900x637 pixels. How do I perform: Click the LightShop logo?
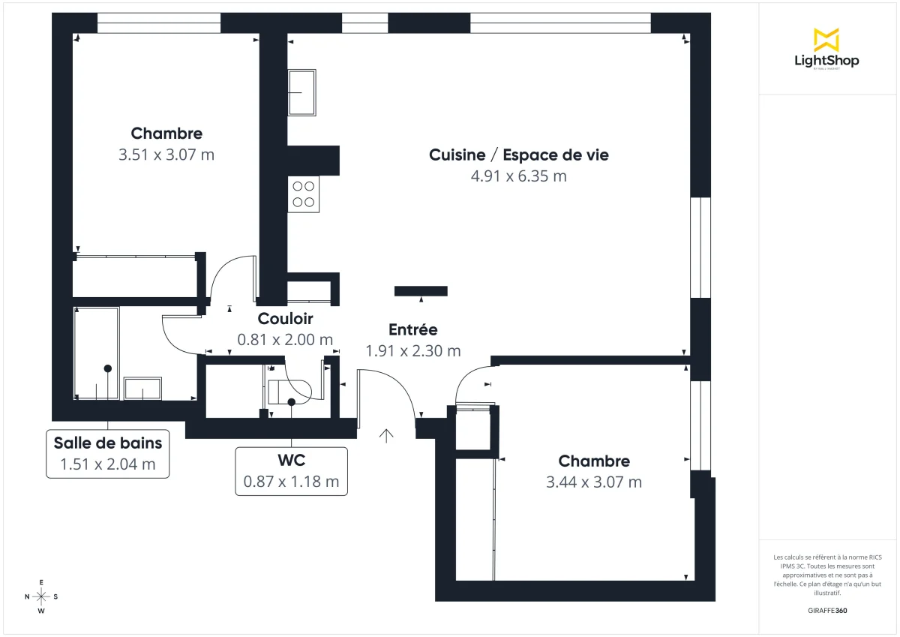[826, 49]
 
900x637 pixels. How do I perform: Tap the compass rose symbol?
[41, 596]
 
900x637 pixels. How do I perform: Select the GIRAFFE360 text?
[827, 610]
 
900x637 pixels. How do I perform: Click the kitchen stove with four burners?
[304, 194]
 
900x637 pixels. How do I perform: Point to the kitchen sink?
[302, 92]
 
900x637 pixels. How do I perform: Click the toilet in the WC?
[289, 391]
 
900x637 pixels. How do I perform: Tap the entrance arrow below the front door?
[386, 435]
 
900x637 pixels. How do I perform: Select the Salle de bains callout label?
[107, 453]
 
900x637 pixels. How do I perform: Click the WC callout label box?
[291, 470]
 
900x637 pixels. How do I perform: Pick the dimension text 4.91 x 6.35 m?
[518, 176]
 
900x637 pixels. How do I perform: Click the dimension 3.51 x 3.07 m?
[166, 155]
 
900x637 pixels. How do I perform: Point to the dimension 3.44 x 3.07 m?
[594, 482]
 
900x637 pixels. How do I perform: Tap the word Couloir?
[285, 319]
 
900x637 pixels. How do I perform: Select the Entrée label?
[412, 329]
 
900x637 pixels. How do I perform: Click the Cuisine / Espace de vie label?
[518, 155]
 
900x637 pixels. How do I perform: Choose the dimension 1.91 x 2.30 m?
[412, 350]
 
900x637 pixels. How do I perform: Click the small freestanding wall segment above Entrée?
[421, 291]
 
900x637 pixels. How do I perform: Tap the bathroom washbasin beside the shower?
[142, 389]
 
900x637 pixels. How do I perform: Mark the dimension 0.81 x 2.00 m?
[285, 340]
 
